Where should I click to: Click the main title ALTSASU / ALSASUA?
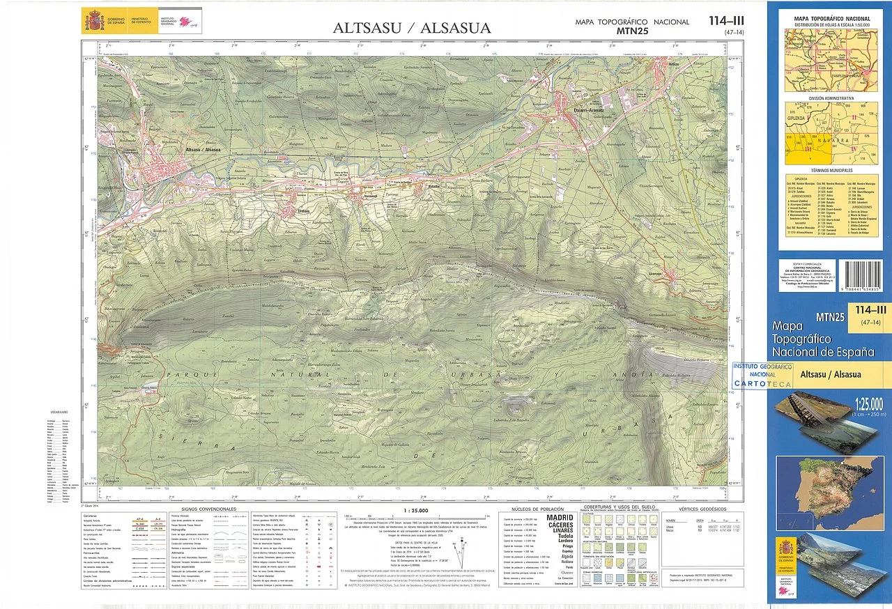[411, 28]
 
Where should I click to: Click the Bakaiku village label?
[433, 187]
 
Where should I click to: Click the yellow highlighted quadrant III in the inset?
[807, 149]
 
